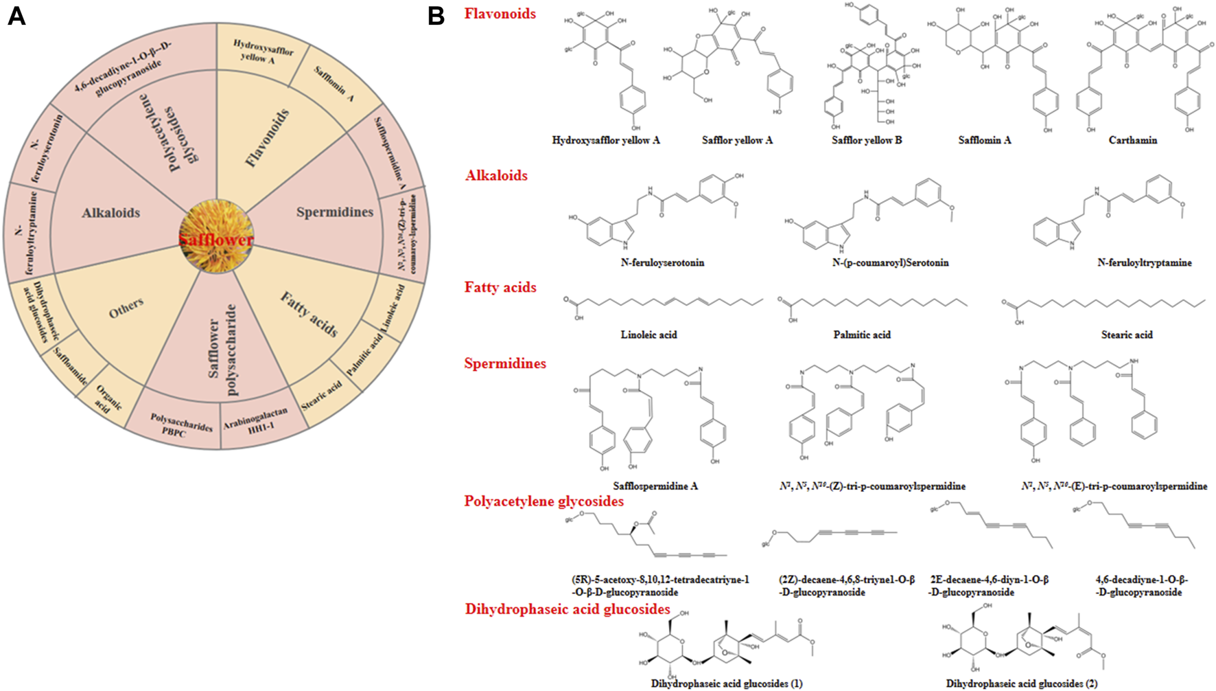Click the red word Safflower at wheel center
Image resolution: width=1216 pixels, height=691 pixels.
click(216, 240)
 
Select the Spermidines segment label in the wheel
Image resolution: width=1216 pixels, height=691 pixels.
click(335, 212)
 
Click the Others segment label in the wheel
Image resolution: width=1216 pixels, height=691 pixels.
click(126, 308)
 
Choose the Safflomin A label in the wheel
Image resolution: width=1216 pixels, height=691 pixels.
click(334, 84)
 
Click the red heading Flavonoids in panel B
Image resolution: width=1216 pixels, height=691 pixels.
click(500, 14)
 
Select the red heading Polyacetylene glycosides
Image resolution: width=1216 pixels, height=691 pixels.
click(543, 501)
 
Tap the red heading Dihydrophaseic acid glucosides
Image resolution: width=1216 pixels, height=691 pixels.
click(568, 609)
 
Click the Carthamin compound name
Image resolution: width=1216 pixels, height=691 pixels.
click(1132, 140)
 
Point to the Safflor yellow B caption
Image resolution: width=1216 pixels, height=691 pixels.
click(867, 140)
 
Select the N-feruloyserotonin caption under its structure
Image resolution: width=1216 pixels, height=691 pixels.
click(662, 262)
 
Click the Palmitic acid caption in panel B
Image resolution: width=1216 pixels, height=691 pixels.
click(861, 335)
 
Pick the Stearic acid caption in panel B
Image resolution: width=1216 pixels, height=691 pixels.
click(1127, 335)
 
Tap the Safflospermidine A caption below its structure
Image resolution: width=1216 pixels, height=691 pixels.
click(655, 486)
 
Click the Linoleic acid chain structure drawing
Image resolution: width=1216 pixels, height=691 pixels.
click(663, 302)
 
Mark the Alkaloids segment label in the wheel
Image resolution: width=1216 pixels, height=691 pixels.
click(111, 213)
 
